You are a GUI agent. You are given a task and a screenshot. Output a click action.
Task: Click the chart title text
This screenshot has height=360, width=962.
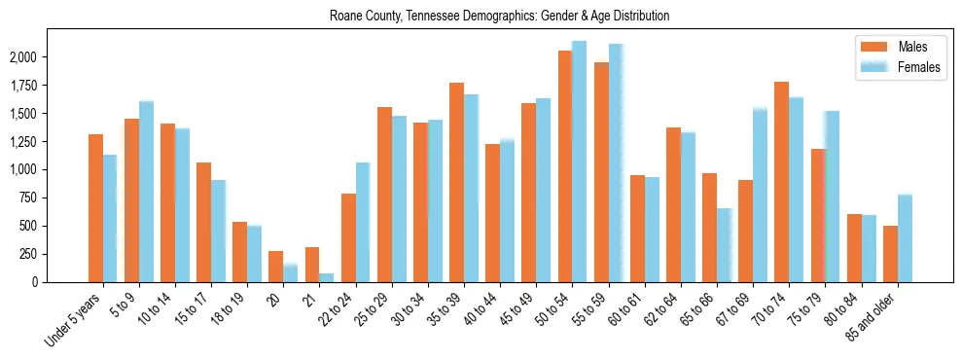(499, 17)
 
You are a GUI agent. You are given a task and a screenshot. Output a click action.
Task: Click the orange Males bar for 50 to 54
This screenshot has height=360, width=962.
(564, 165)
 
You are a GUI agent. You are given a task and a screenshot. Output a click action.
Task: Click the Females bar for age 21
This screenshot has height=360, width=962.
(326, 277)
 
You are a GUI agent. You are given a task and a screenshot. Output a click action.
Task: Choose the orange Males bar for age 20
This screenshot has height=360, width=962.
(275, 267)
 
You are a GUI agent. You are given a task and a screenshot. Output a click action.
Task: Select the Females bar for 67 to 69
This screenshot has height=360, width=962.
(760, 195)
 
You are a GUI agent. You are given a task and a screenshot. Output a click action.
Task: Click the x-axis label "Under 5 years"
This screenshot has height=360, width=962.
(73, 320)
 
